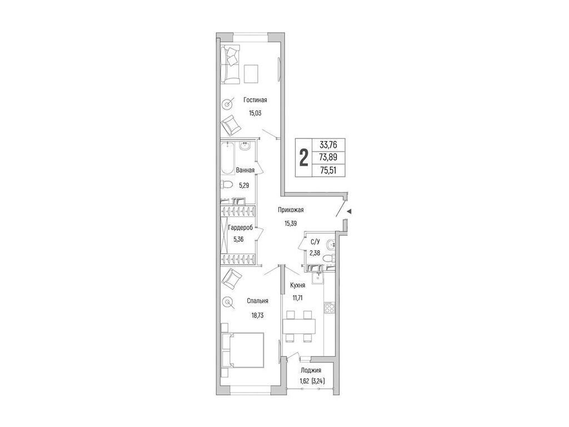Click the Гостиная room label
point(255,100)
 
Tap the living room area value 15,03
point(255,113)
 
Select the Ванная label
point(245,170)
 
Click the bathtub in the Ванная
point(227,158)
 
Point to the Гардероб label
point(240,227)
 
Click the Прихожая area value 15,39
point(291,224)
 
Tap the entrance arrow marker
point(349,211)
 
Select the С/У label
point(316,241)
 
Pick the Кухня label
point(297,285)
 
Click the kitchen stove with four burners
point(329,308)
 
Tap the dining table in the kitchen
point(299,326)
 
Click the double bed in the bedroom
point(242,350)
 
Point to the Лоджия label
point(311,371)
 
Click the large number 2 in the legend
point(303,158)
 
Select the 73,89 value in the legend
point(328,157)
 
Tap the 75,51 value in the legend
point(328,170)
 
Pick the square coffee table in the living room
point(251,74)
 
